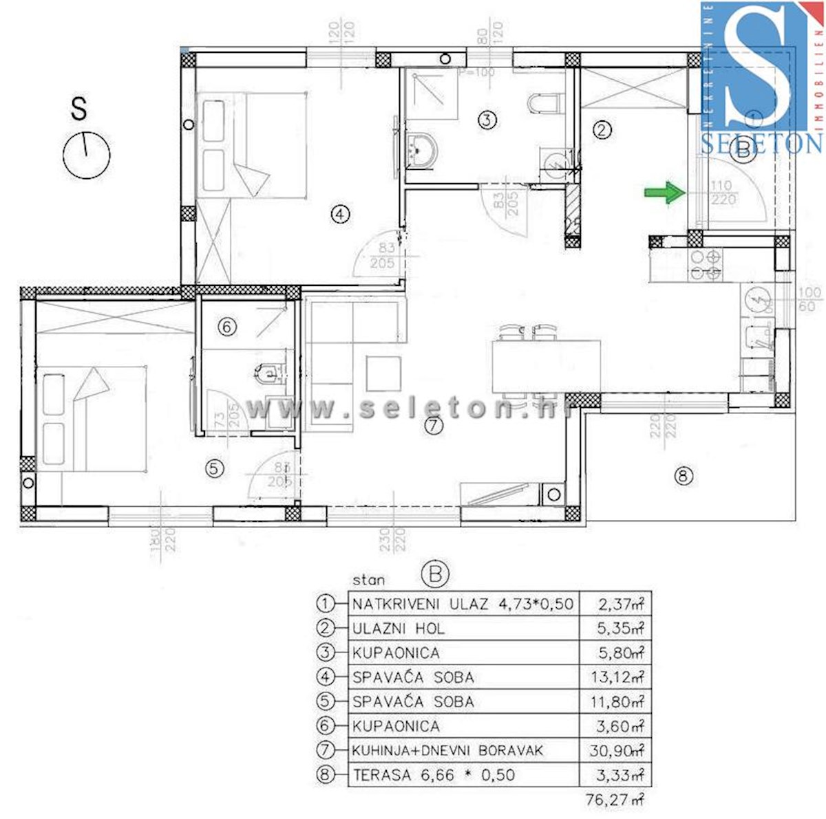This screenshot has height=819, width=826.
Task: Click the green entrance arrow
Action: coord(664,193)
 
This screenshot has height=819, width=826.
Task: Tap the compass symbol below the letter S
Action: coord(87,155)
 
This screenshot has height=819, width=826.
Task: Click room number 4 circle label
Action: coord(340,215)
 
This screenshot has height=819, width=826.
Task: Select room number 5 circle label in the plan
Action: coord(215,468)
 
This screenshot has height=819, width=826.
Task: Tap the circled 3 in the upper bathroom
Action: coord(487,120)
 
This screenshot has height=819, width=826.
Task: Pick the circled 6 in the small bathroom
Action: coord(228,327)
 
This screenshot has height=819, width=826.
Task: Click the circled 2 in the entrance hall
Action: coord(602,129)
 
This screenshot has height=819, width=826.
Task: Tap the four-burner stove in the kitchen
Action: coord(706,265)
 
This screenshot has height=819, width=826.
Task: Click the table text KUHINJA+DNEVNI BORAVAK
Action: coord(447,750)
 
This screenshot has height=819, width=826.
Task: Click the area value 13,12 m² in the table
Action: coord(616,677)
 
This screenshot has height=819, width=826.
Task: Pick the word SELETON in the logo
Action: coord(761,143)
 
